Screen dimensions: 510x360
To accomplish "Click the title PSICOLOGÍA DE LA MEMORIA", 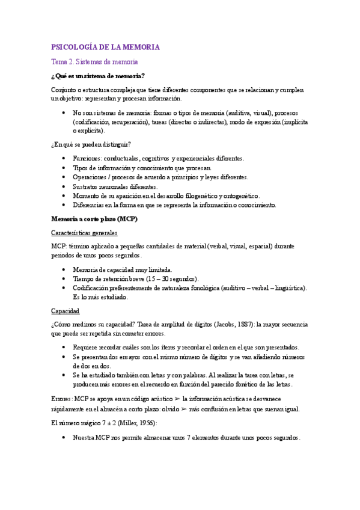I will tap(105, 47).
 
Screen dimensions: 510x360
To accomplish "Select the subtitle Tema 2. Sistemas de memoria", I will tap(95, 62).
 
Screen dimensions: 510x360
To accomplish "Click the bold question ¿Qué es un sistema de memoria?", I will tap(98, 76).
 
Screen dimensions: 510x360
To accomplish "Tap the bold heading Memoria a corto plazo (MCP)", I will tap(94, 218).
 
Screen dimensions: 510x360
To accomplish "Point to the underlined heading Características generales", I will tap(85, 232).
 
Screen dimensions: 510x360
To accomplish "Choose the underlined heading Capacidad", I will tap(66, 311).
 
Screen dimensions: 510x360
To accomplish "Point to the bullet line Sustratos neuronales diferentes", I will tap(115, 186).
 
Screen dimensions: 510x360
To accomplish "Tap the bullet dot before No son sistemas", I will tap(64, 112).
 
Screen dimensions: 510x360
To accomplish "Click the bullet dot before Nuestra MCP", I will tap(64, 438).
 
